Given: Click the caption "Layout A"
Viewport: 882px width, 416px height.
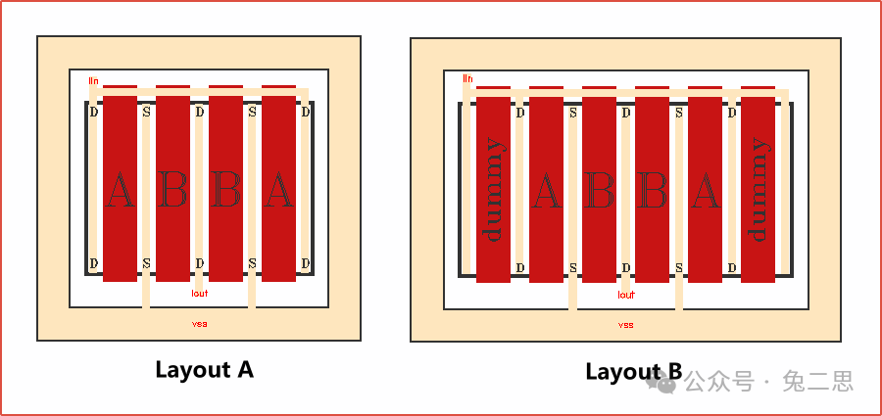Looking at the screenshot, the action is [x=204, y=369].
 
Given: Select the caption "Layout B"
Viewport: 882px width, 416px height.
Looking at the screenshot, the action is [x=633, y=371].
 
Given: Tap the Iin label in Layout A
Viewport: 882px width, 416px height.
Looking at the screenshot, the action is [x=94, y=80].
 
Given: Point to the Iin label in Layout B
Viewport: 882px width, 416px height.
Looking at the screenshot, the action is [x=467, y=78].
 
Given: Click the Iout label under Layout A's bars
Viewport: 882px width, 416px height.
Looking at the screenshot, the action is [x=200, y=293].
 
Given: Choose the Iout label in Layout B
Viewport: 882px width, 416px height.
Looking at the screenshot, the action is [x=626, y=294].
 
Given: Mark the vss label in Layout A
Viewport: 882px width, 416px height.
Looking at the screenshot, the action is [x=200, y=323].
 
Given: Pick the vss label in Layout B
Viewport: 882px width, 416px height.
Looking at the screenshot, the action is [x=626, y=324].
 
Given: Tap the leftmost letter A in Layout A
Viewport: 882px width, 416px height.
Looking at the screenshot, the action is [x=120, y=190].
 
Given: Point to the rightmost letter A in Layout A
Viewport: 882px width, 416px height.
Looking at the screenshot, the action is [x=278, y=190].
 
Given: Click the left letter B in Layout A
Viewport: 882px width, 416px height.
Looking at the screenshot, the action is [x=172, y=190].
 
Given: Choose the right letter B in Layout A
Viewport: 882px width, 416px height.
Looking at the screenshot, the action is [x=225, y=190].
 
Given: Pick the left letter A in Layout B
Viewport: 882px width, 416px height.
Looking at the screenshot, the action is [x=546, y=190].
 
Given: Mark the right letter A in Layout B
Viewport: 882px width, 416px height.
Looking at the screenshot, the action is [x=705, y=190].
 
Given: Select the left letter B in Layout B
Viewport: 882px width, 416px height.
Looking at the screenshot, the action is [x=599, y=190].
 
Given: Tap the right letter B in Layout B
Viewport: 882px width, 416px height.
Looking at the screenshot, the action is [x=652, y=190].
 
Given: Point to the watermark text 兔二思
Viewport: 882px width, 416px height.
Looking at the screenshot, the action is [x=818, y=381].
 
